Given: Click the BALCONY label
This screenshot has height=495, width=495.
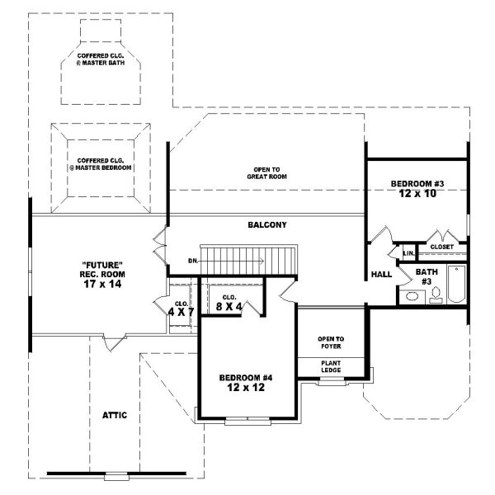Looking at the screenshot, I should coord(266,225).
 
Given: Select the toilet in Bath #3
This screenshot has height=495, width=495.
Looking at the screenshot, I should coord(436,296).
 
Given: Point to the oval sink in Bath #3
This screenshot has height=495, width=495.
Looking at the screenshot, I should coord(411,296).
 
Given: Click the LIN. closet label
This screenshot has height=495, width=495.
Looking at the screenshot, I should coord(408,252).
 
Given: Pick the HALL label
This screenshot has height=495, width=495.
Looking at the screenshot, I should coord(381,274).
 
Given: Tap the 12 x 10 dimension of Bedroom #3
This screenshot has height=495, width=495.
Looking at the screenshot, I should coord(418,194).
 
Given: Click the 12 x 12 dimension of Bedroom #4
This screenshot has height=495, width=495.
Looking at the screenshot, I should coord(246,388).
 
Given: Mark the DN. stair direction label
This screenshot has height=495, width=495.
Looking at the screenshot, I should coord(193,261).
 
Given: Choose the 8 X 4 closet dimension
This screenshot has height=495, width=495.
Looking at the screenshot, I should coord(229,307).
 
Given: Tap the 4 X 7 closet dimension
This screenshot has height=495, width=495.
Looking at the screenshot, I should coord(181,312).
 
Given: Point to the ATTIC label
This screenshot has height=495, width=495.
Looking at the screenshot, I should coord(114,415).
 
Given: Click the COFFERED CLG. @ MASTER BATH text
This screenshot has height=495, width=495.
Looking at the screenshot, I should coord(101,60).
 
